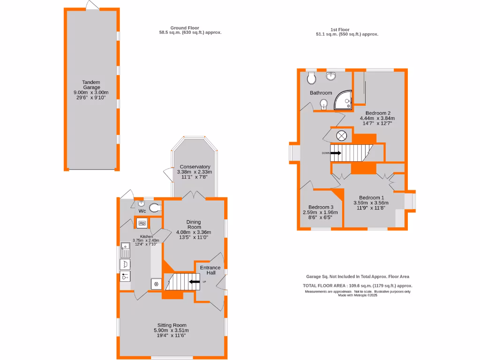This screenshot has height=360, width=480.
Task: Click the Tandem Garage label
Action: (91, 85)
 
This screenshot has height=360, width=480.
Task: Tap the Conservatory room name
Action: (195, 167)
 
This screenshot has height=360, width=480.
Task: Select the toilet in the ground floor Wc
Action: (155, 208)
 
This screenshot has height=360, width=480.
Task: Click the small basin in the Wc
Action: (141, 203)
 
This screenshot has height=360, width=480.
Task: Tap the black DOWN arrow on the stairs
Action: (336, 152)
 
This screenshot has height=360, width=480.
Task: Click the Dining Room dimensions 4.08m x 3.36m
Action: (194, 232)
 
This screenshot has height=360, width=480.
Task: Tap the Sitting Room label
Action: (172, 325)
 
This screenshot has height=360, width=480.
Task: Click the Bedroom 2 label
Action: (378, 113)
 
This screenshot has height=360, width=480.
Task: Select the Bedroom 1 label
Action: (371, 197)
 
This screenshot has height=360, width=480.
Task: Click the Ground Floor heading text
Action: (185, 28)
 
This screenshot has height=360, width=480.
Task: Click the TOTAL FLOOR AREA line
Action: (358, 285)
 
